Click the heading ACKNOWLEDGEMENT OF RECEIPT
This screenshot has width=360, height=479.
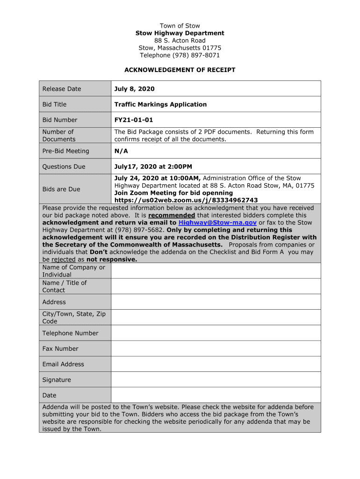[180, 70]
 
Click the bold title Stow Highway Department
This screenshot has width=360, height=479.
[180, 33]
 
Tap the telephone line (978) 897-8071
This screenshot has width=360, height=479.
[180, 55]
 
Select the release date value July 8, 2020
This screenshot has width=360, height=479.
[134, 89]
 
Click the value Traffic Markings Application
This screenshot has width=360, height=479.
[160, 104]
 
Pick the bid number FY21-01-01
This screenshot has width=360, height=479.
[134, 120]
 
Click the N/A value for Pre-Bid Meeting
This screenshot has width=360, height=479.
[121, 151]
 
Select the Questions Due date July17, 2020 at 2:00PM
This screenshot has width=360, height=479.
[153, 167]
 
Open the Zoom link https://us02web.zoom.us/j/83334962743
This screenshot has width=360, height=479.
[186, 200]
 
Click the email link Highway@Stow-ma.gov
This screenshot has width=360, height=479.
[217, 223]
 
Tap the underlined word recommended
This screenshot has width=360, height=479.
[172, 215]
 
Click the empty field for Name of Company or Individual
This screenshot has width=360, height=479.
[216, 271]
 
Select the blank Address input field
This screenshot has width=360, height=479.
[216, 302]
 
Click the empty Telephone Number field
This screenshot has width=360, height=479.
[216, 333]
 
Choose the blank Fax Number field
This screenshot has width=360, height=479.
[216, 348]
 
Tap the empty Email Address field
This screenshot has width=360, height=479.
[216, 364]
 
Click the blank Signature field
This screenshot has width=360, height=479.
[216, 380]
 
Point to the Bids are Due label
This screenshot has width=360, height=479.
[61, 189]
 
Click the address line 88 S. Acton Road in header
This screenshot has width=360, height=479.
[180, 41]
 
